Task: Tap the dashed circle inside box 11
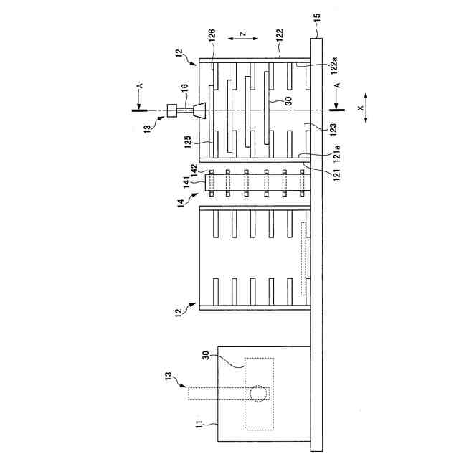click(257, 393)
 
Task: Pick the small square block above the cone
click(172, 110)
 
